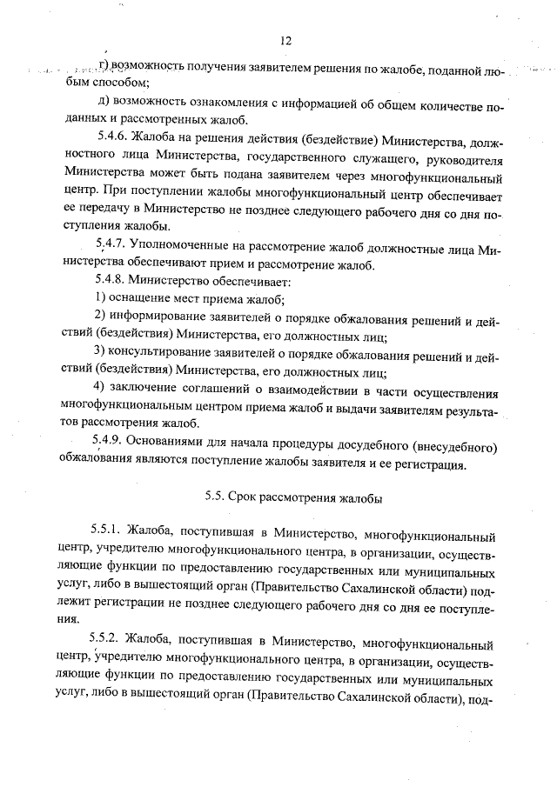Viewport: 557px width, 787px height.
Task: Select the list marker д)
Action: [103, 101]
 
